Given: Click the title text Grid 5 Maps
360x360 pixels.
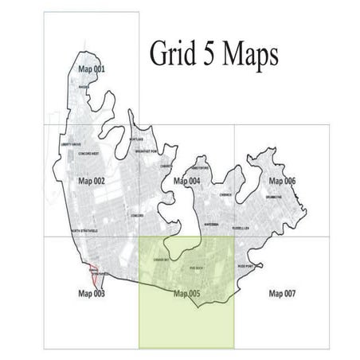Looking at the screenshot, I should (x=213, y=54).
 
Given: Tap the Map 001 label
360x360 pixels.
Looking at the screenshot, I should (x=91, y=69).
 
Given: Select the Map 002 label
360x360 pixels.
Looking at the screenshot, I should (x=92, y=182).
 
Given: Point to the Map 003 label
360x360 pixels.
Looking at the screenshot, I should (x=92, y=293).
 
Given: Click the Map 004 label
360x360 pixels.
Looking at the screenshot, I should (x=186, y=182).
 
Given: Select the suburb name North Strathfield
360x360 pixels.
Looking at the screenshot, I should (x=85, y=230).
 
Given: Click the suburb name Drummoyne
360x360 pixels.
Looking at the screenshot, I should (x=284, y=197).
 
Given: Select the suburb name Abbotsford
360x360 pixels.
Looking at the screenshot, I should (x=199, y=168).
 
